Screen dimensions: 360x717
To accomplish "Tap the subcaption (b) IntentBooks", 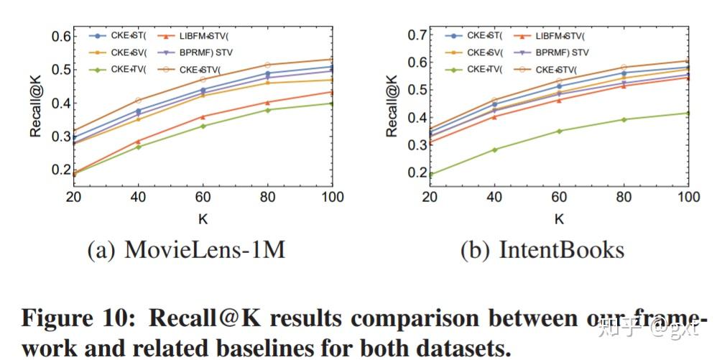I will (542, 249).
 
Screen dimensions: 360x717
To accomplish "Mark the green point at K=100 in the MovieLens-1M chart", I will (331, 103).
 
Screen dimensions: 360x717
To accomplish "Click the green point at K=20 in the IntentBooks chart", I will (430, 174).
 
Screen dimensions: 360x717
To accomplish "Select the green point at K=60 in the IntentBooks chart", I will (559, 131).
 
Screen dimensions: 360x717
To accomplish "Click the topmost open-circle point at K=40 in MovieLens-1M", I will (138, 101).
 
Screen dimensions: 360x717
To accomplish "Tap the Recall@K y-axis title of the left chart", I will (35, 106).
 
